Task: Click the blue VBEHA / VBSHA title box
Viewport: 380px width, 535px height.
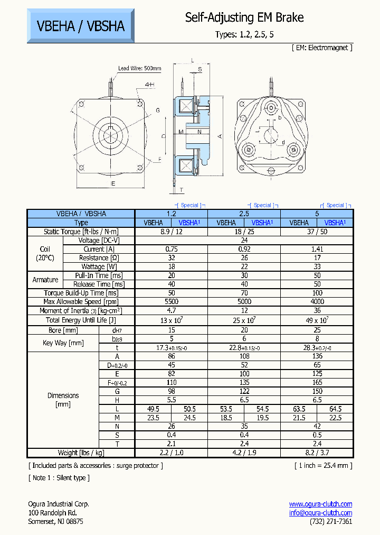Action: click(81, 25)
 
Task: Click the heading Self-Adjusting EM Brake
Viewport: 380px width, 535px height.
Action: click(244, 17)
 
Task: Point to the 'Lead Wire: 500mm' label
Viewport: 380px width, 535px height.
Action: click(139, 68)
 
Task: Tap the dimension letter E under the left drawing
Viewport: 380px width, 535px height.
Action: click(112, 183)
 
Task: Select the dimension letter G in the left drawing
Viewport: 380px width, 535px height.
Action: click(157, 110)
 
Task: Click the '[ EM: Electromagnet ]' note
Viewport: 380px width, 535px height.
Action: click(321, 48)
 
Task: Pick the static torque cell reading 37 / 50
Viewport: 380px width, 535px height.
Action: click(317, 232)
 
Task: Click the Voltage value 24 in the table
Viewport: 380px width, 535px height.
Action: click(244, 240)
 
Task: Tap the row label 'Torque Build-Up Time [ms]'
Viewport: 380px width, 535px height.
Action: click(81, 293)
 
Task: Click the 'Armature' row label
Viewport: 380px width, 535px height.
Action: click(45, 280)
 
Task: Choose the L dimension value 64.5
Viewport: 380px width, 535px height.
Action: click(335, 409)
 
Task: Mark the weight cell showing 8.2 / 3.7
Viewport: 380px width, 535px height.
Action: click(317, 453)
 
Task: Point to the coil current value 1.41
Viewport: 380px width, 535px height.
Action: click(317, 249)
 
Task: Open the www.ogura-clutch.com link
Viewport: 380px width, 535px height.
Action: click(320, 504)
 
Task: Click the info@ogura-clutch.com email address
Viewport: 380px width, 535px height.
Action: click(320, 513)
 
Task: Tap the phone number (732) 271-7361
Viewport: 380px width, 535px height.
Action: click(331, 521)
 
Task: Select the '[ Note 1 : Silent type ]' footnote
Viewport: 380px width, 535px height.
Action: click(59, 478)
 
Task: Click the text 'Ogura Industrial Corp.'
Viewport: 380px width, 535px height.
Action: click(59, 504)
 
